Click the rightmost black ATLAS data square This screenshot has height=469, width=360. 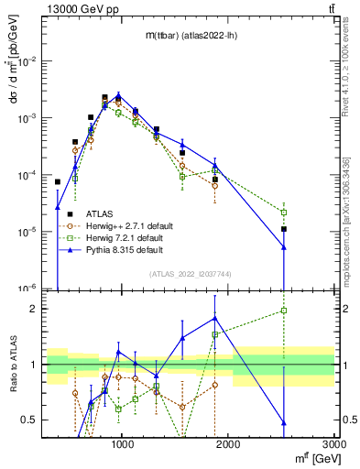284,229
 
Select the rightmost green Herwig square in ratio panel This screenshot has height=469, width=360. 284,311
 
